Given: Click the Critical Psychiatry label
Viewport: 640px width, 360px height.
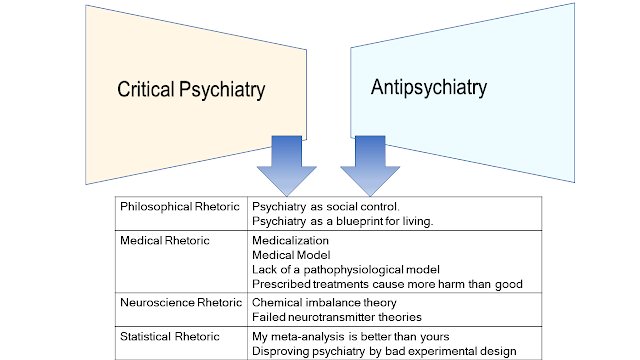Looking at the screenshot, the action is coord(191,90).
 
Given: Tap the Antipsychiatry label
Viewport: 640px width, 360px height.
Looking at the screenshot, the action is coord(429,88).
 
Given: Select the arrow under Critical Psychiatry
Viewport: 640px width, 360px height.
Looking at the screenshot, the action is coord(287,166).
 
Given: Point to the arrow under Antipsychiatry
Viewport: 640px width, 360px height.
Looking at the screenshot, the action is coord(370,166).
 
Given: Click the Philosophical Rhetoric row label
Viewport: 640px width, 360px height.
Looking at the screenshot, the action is coord(180,207).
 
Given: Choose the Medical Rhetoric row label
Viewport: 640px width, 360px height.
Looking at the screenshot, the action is coord(164,240).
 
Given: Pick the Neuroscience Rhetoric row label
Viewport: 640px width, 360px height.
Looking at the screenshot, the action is coord(181,302).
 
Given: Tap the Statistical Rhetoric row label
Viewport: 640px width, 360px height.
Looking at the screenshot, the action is coord(169,336).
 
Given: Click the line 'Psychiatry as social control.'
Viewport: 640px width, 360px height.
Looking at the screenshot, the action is coord(326,207).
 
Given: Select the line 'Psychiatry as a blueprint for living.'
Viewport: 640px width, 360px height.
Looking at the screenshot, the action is coord(342,221).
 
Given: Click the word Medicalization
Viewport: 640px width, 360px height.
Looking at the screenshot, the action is coord(290,240).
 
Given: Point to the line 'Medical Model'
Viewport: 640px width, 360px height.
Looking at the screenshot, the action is coord(291,255).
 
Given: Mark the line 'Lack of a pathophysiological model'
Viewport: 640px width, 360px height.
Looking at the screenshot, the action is coord(346,270).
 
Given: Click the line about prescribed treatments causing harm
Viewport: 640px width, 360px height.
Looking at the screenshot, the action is coord(387,284).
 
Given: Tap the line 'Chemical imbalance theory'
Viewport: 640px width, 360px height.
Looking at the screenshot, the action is coord(324,302).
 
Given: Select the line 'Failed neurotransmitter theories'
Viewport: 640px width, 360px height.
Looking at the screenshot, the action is coord(337,317).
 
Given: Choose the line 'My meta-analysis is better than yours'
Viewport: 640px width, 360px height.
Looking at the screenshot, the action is coord(351,337).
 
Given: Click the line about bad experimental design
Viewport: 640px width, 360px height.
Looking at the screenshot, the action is coord(384,351).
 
